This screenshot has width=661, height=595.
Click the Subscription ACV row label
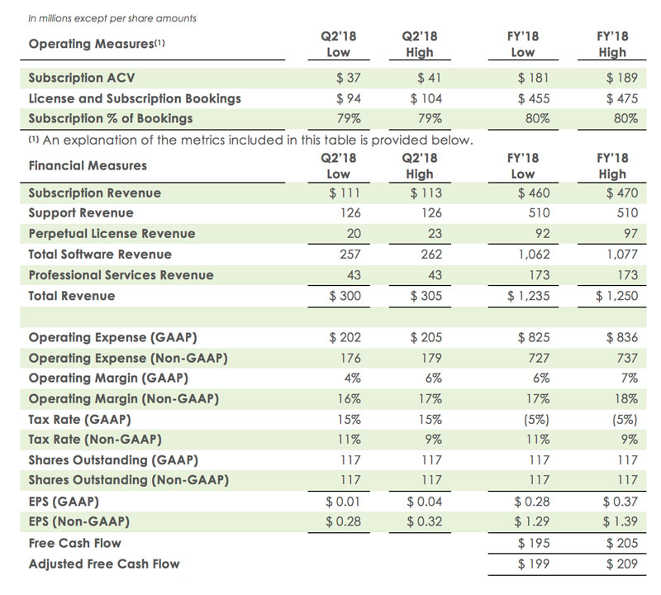pyautogui.click(x=83, y=79)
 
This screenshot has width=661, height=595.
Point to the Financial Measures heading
pyautogui.click(x=88, y=165)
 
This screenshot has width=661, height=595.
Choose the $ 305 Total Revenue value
pyautogui.click(x=426, y=296)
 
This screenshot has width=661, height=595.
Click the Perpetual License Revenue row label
pyautogui.click(x=112, y=234)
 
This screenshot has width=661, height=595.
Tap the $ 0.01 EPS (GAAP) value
pyautogui.click(x=345, y=501)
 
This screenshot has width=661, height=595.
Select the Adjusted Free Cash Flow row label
pyautogui.click(x=103, y=564)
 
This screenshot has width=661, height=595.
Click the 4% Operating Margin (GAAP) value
pyautogui.click(x=350, y=378)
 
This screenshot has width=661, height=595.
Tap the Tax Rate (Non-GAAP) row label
pyautogui.click(x=94, y=439)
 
